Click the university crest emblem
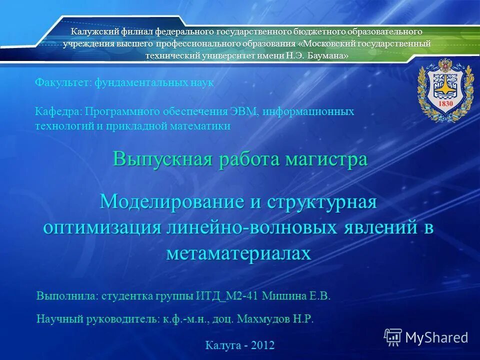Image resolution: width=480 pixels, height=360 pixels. [445, 90]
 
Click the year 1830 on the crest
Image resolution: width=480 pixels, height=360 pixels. [445, 103]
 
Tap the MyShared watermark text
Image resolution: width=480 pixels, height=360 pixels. [436, 337]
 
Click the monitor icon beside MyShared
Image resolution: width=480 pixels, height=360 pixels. [393, 337]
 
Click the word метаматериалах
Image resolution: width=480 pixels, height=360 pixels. [238, 253]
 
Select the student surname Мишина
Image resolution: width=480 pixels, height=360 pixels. [283, 296]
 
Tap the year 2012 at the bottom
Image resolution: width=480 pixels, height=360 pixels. [263, 345]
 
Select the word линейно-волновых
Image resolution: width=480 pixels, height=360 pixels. [252, 227]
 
